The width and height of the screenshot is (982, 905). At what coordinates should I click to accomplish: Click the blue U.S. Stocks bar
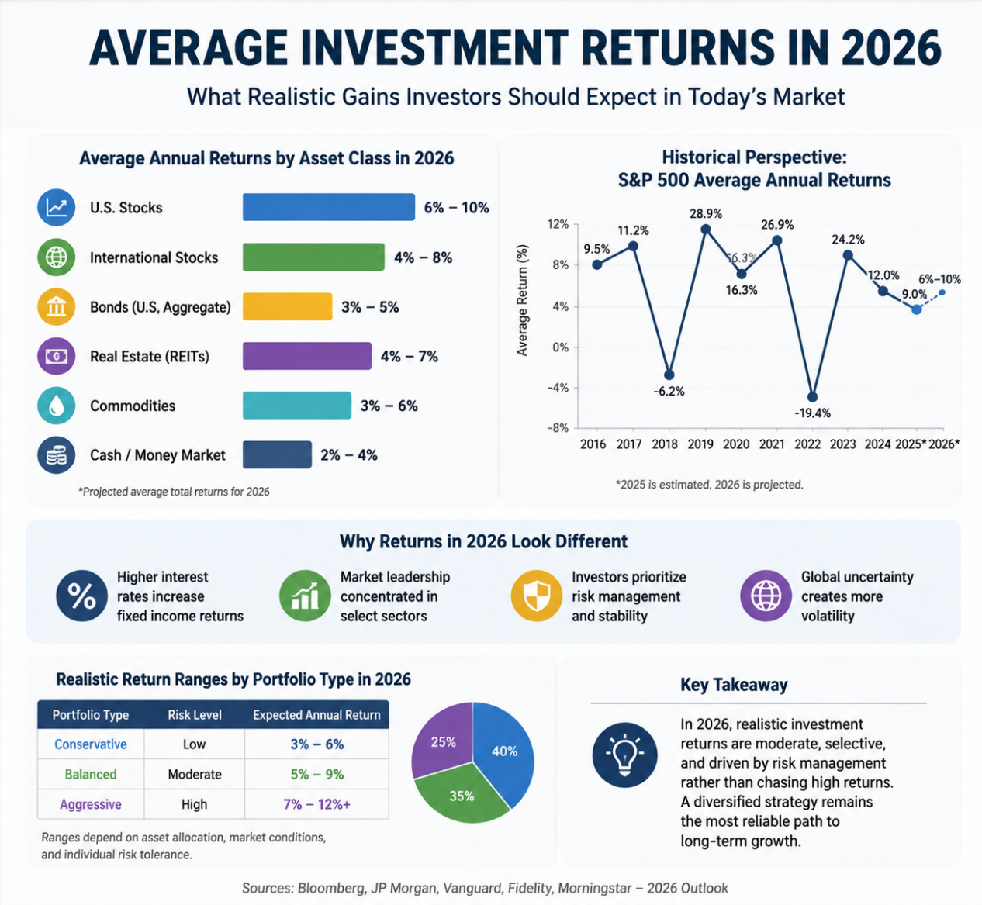[328, 207]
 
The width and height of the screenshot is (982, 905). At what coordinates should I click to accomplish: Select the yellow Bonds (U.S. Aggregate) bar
[287, 306]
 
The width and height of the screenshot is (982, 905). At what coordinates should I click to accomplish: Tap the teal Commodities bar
[296, 405]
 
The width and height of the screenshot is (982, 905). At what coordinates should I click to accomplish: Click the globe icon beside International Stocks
[57, 257]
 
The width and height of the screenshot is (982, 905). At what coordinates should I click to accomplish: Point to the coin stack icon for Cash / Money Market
[57, 455]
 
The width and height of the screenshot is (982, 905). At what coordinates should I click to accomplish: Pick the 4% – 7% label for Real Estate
[409, 356]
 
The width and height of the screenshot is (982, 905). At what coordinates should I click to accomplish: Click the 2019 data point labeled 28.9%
[706, 229]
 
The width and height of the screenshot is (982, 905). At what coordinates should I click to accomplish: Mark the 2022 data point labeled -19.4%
[812, 397]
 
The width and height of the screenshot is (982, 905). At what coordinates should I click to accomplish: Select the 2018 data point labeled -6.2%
[669, 375]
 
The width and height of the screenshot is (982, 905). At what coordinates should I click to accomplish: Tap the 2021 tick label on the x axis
[771, 444]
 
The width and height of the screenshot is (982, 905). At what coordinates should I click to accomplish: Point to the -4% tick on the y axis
[558, 388]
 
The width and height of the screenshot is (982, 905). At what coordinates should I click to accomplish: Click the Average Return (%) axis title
[522, 300]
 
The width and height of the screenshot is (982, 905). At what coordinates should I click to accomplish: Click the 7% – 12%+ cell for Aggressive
[317, 804]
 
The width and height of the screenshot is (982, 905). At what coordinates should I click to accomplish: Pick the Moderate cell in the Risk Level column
[195, 774]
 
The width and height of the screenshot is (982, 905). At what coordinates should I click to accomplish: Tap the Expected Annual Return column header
[317, 714]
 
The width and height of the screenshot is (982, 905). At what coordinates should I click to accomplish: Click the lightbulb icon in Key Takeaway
[624, 755]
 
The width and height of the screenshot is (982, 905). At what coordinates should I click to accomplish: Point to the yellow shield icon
[537, 596]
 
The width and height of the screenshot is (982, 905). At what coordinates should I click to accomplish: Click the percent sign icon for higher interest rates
[81, 596]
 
